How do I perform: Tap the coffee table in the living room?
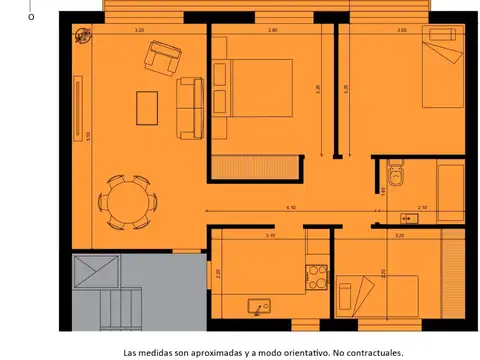(147, 107)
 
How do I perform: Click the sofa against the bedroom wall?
(188, 109)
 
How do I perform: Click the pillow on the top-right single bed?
(438, 37)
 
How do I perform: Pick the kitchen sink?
(262, 307)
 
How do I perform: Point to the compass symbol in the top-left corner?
(81, 39)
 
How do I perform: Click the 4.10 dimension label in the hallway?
(291, 206)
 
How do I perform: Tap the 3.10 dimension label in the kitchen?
(270, 236)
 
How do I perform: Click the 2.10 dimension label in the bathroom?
(422, 206)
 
